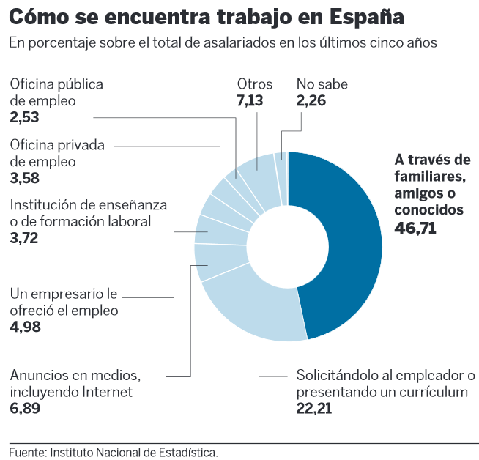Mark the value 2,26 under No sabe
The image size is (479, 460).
point(311,100)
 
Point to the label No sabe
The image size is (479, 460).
point(322,84)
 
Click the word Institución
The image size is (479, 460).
point(43,205)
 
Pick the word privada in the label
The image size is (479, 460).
point(80,144)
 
